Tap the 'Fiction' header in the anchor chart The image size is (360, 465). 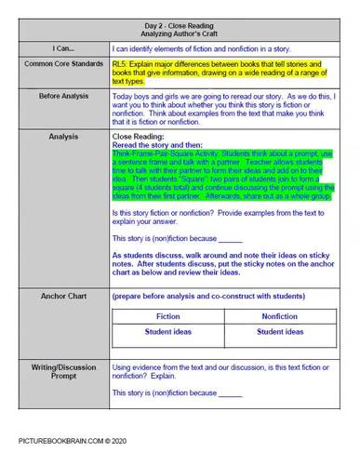(169, 316)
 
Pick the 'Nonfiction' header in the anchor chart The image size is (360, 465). (280, 316)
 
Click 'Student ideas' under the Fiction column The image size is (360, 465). (169, 331)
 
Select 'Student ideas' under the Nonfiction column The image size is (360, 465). (280, 331)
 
